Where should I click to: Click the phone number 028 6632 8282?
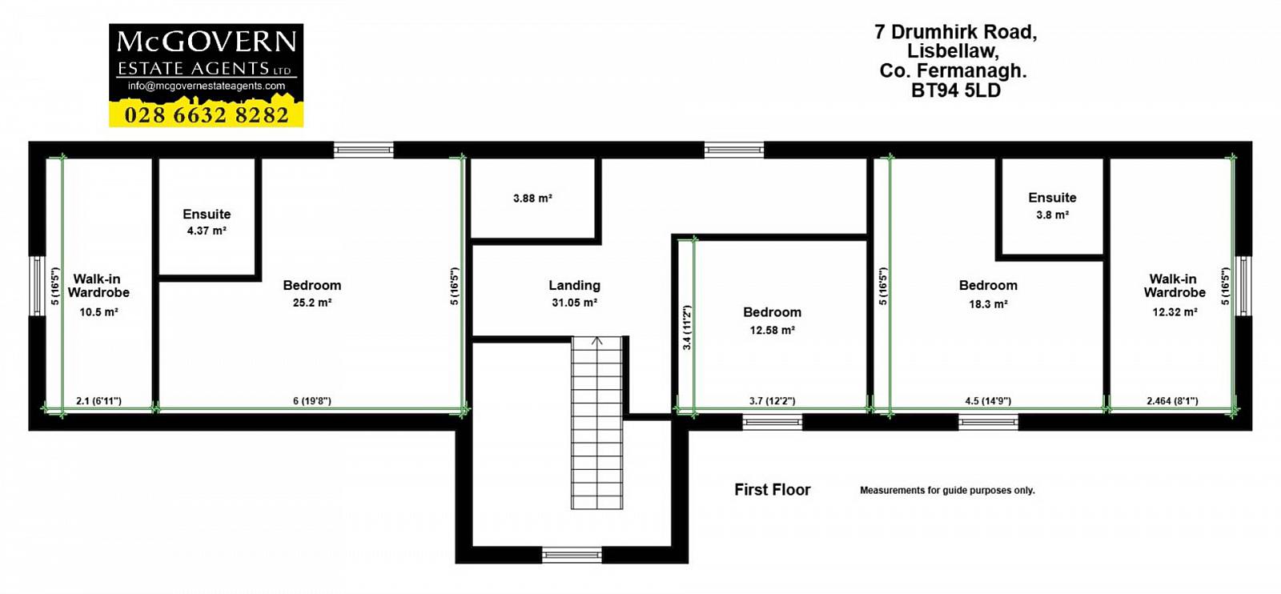pyautogui.click(x=207, y=115)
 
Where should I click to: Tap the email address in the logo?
pyautogui.click(x=207, y=86)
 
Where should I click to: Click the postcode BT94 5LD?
pyautogui.click(x=956, y=91)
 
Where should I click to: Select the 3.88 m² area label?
pyautogui.click(x=532, y=199)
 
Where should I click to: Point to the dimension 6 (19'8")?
pyautogui.click(x=312, y=401)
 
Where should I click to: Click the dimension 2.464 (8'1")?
pyautogui.click(x=1172, y=401)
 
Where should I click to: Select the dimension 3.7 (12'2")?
pyautogui.click(x=772, y=401)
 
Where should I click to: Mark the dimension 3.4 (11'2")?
pyautogui.click(x=688, y=327)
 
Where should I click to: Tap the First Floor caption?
pyautogui.click(x=772, y=490)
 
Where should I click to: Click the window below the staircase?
pyautogui.click(x=572, y=555)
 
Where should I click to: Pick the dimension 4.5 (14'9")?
pyautogui.click(x=988, y=401)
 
